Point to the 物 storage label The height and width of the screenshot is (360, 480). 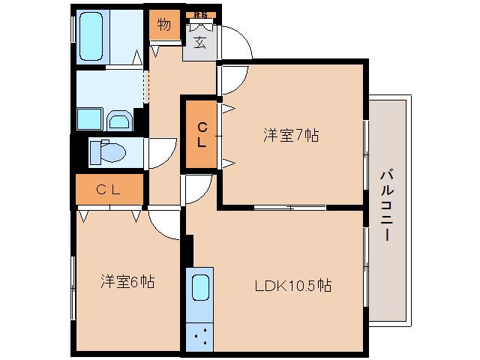[x=164, y=25]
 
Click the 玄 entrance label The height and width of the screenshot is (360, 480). [x=200, y=43]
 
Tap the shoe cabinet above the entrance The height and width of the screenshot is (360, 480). [x=200, y=15]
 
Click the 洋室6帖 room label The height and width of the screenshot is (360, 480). [x=128, y=282]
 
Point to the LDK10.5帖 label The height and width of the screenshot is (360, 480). [x=292, y=285]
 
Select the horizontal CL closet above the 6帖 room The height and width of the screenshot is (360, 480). [x=109, y=190]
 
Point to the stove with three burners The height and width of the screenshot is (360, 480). [x=199, y=334]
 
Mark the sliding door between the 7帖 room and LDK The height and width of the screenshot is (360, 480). [x=289, y=206]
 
